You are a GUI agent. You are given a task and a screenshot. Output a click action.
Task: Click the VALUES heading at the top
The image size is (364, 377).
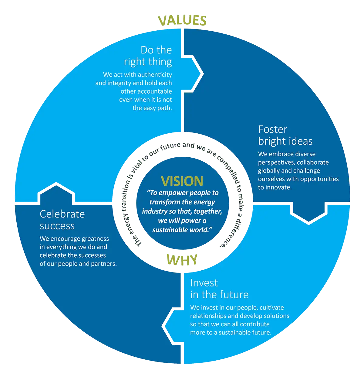182,21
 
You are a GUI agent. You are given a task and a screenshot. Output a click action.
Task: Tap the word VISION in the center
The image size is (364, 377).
182,181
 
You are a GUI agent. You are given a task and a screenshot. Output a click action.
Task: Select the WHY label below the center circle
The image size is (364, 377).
182,260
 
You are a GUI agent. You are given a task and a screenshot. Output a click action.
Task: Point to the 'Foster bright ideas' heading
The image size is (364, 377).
285,135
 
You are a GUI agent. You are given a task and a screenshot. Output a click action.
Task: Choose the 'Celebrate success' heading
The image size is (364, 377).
62,220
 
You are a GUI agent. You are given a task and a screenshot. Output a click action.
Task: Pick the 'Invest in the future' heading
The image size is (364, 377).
219,289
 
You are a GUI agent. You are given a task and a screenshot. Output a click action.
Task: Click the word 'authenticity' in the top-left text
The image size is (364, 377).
155,75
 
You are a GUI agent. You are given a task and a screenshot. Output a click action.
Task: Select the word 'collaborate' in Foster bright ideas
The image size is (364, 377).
313,163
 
